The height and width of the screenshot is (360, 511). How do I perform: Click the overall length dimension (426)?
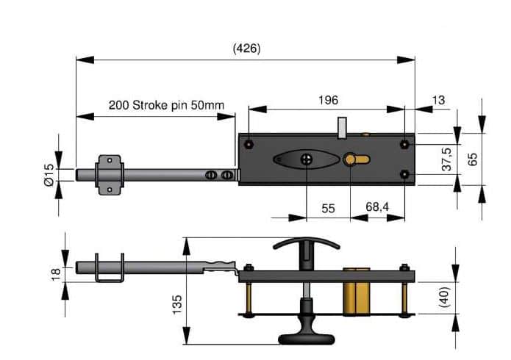[247, 48]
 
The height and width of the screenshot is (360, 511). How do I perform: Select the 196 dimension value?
[328, 100]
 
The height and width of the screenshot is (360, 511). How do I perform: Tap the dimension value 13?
[438, 100]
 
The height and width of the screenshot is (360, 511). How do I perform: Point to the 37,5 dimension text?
[447, 159]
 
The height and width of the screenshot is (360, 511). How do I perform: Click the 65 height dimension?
[472, 159]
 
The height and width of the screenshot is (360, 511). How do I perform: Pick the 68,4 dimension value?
[377, 206]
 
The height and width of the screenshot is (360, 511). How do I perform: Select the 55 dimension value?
[328, 209]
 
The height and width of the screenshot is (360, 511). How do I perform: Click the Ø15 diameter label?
[49, 175]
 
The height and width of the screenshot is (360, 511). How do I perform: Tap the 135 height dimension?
[177, 304]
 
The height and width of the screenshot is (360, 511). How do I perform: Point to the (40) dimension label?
[445, 297]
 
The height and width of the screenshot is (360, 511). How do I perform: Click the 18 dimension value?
[56, 272]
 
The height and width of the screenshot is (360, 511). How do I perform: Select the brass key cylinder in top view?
[355, 159]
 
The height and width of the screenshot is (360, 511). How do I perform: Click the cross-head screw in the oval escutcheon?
[307, 159]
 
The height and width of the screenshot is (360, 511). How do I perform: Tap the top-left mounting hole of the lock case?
[249, 144]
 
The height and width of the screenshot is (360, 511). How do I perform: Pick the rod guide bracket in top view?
[110, 175]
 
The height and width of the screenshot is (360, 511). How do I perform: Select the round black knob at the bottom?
[307, 339]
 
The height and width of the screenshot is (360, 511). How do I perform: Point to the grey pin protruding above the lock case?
[342, 129]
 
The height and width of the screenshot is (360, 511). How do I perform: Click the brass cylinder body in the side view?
[357, 298]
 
